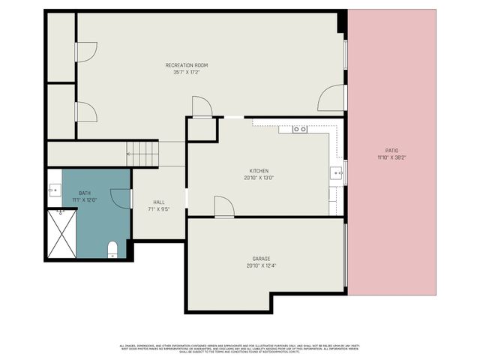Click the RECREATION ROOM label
pos(182,65)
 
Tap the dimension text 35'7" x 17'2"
pos(182,73)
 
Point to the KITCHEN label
pos(255,171)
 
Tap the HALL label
pos(159,202)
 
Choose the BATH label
pos(84,193)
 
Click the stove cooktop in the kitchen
pos(299,129)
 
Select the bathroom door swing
pos(120,198)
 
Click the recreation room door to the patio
pos(331,99)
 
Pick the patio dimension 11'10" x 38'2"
pos(392,157)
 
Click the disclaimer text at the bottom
pos(240,348)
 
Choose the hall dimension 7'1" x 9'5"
pos(159,209)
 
